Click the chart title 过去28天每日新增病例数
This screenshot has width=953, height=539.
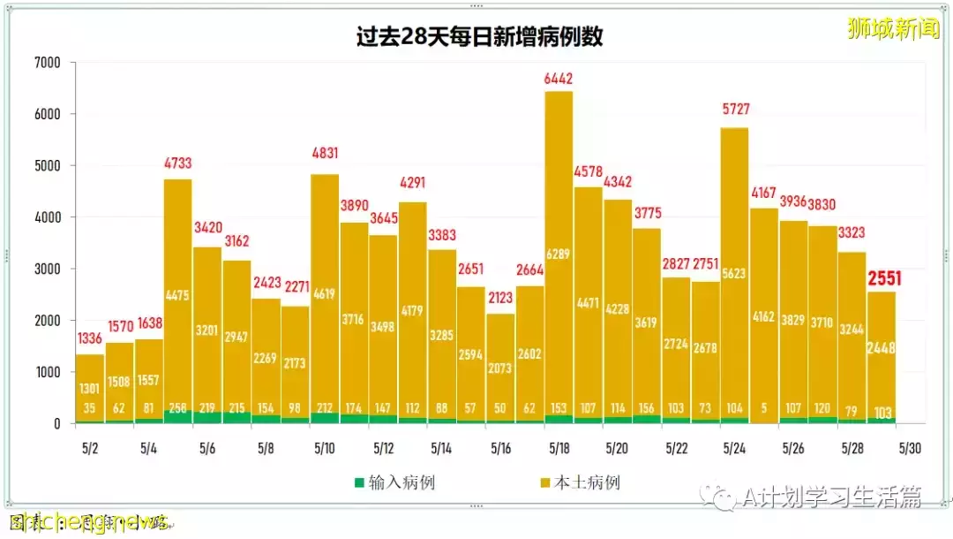(480, 37)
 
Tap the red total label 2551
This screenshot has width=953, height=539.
(882, 280)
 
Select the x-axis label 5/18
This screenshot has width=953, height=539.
(559, 449)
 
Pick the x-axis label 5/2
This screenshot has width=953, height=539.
(90, 449)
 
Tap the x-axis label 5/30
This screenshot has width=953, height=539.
(911, 449)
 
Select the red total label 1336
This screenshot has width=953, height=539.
(90, 338)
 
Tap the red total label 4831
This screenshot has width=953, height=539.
(325, 154)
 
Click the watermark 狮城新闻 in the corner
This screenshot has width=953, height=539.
(893, 28)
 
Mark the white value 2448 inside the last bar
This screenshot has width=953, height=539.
(882, 348)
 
